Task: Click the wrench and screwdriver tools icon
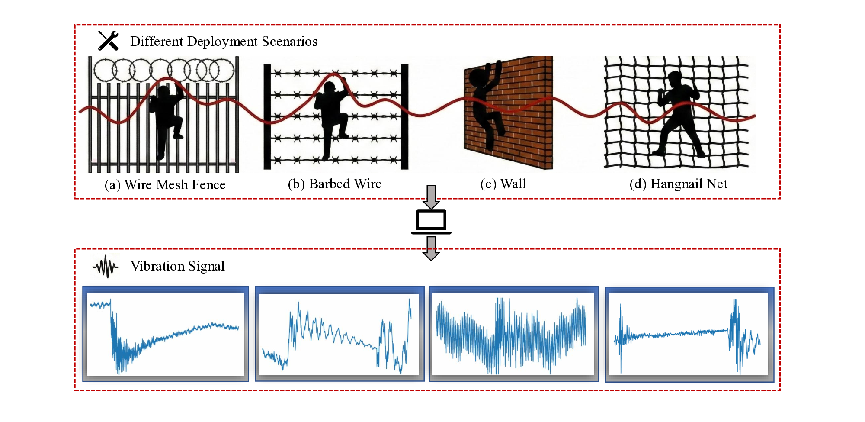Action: (x=108, y=41)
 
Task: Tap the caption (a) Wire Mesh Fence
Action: (x=165, y=185)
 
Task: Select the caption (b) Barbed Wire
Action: (x=334, y=184)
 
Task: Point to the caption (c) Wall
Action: (x=503, y=184)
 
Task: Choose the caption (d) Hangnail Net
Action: (x=678, y=184)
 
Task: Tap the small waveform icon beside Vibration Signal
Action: (x=106, y=266)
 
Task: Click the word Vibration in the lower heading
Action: (x=157, y=266)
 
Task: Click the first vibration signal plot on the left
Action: (x=165, y=334)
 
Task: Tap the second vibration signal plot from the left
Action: (x=339, y=334)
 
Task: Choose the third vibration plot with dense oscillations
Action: (x=513, y=334)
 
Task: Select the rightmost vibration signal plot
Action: (x=689, y=334)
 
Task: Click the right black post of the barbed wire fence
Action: (x=405, y=117)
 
